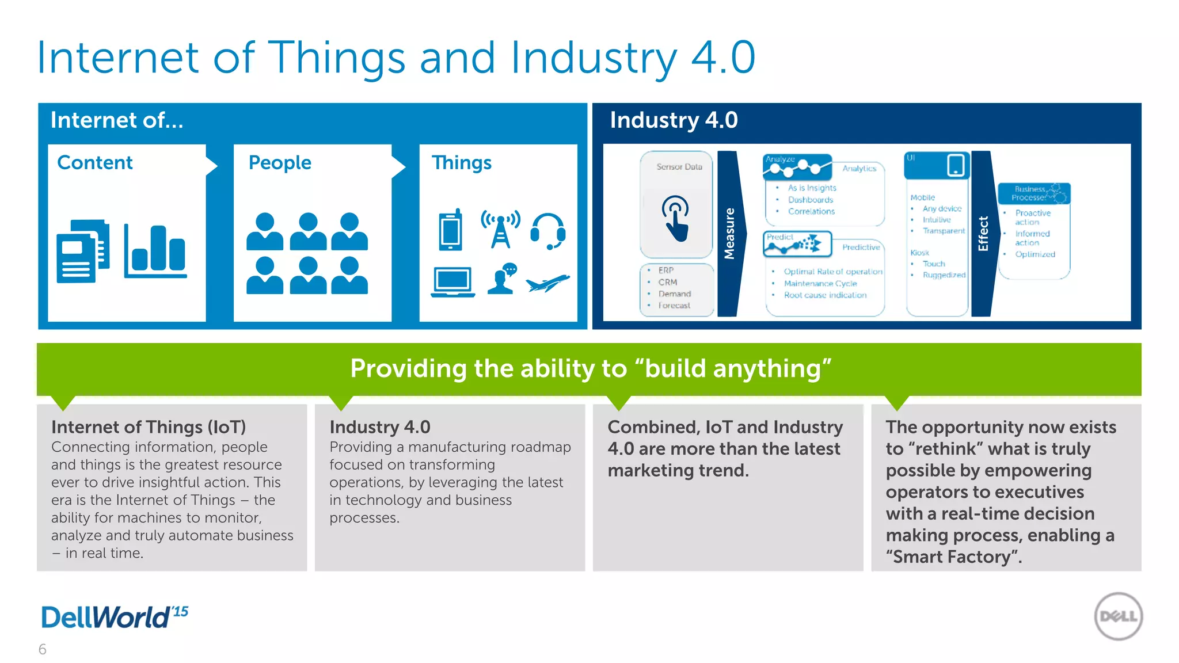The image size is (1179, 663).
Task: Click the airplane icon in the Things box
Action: click(x=547, y=283)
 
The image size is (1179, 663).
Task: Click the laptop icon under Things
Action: click(x=453, y=282)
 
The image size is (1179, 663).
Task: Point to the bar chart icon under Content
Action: click(x=155, y=252)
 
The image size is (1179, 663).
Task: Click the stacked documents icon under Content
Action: click(x=83, y=251)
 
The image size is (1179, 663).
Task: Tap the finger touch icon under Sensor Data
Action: click(x=676, y=218)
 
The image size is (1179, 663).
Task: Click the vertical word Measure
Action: click(x=729, y=233)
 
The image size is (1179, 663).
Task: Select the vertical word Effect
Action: click(x=983, y=233)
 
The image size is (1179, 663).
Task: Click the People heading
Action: click(x=280, y=163)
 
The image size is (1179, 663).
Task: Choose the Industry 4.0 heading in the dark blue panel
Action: click(x=674, y=120)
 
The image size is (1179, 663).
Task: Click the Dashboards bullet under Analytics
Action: click(x=811, y=200)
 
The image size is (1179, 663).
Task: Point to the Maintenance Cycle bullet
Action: click(x=820, y=283)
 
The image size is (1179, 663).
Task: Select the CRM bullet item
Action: click(x=668, y=282)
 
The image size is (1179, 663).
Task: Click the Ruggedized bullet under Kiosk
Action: click(x=944, y=275)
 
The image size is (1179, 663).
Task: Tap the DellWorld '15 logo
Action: click(x=115, y=617)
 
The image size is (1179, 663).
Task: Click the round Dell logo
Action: click(x=1118, y=616)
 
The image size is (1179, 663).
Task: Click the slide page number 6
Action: click(x=42, y=649)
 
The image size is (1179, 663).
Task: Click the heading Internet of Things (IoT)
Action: click(x=149, y=427)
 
